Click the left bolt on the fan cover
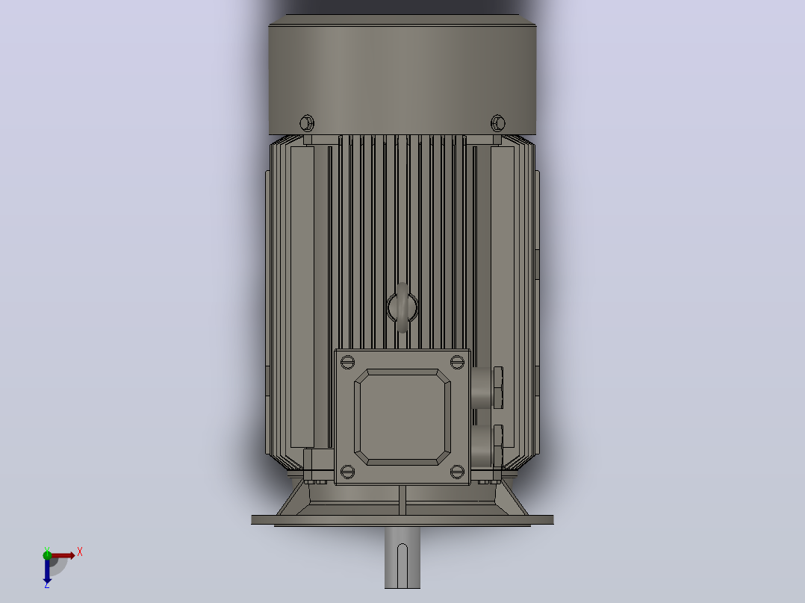point(306,123)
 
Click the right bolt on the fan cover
point(497,123)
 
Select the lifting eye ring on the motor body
point(402,307)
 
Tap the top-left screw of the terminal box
point(347,362)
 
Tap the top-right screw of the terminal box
point(457,362)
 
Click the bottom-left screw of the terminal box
point(347,472)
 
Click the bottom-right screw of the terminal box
point(457,472)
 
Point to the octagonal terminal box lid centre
point(402,416)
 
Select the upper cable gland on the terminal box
point(487,387)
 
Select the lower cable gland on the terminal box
point(487,446)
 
